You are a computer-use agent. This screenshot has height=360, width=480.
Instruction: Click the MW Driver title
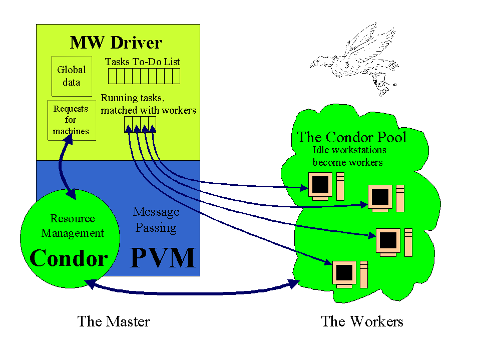[x=116, y=43]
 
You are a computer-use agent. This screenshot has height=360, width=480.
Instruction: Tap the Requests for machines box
[x=72, y=120]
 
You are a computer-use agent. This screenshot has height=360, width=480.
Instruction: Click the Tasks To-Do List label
[x=142, y=62]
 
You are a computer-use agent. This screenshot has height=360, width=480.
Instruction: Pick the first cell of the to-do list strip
[x=112, y=76]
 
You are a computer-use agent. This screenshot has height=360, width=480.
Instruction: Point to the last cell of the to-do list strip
[x=176, y=76]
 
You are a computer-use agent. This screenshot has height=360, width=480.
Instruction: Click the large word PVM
[x=163, y=258]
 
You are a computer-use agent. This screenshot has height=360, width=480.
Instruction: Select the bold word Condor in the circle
[x=69, y=258]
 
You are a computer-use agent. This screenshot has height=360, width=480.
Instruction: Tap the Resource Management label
[x=73, y=226]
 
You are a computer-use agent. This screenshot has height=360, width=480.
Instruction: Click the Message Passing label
[x=156, y=220]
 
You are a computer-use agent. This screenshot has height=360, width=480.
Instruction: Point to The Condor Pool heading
[x=352, y=137]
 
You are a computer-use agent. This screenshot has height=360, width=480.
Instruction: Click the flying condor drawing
[x=355, y=59]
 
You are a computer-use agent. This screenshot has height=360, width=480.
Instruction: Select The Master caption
[x=114, y=321]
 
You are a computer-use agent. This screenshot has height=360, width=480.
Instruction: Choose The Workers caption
[x=362, y=321]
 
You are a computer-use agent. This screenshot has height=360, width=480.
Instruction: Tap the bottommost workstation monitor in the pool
[x=344, y=274]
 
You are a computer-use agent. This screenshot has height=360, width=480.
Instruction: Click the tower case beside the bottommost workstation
[x=364, y=274]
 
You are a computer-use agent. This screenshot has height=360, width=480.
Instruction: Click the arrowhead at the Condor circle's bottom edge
[x=91, y=284]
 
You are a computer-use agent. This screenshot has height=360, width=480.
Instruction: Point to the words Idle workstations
[x=349, y=150]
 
